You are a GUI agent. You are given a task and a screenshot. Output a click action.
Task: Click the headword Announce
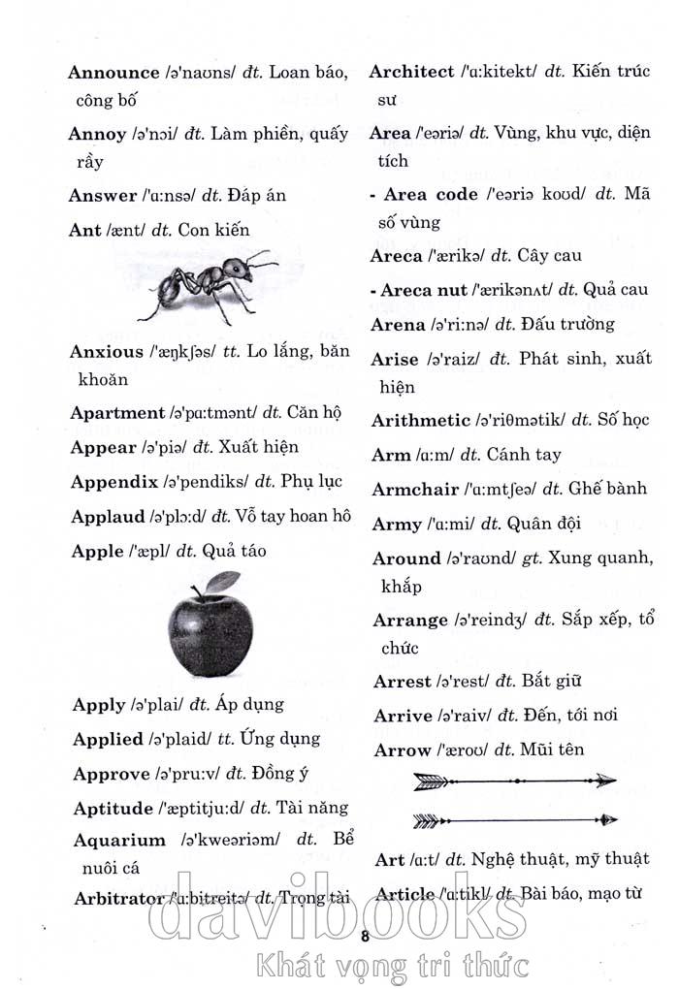pyautogui.click(x=113, y=73)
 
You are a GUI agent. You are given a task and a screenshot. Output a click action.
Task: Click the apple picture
pyautogui.click(x=210, y=631)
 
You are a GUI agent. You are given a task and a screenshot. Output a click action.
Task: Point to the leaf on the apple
pyautogui.click(x=223, y=582)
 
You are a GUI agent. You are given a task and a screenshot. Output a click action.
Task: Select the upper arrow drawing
pyautogui.click(x=515, y=781)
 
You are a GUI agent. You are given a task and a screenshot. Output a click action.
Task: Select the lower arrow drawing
pyautogui.click(x=515, y=820)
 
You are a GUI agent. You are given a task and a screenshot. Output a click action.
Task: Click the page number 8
pyautogui.click(x=366, y=936)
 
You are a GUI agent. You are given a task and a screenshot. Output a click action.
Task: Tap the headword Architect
pyautogui.click(x=411, y=72)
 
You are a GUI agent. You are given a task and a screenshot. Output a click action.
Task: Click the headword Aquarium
pyautogui.click(x=119, y=841)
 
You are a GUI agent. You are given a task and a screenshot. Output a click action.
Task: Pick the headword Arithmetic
pyautogui.click(x=421, y=421)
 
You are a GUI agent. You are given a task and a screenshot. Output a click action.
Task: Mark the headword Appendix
pyautogui.click(x=113, y=482)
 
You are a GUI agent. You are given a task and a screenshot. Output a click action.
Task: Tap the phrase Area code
pyautogui.click(x=431, y=195)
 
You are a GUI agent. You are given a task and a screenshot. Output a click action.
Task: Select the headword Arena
pyautogui.click(x=398, y=325)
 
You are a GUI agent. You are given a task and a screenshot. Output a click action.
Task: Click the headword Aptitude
pyautogui.click(x=113, y=808)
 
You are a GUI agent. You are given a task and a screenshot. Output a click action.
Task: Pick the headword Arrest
pyautogui.click(x=402, y=682)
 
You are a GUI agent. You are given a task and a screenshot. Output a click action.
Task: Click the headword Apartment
pyautogui.click(x=117, y=413)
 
